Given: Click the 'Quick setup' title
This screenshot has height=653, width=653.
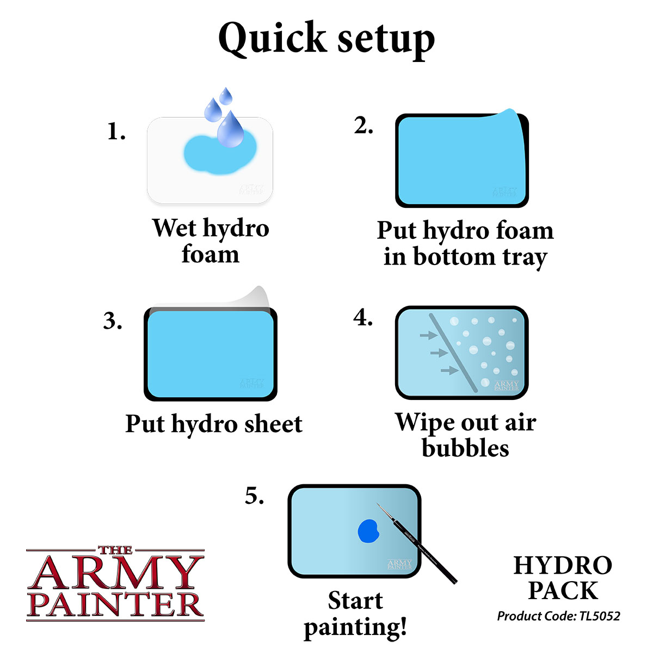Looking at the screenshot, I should click(x=326, y=39).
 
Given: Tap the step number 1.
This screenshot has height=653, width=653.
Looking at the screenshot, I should click(x=116, y=132).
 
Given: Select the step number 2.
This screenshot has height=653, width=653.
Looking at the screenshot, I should click(x=363, y=126).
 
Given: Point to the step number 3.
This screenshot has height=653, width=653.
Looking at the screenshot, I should click(x=112, y=322).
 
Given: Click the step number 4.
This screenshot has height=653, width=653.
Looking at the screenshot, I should click(x=363, y=318).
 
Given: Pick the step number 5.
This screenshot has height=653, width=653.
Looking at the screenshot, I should click(x=254, y=496).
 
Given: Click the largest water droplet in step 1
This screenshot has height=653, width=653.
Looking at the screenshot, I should click(x=230, y=131).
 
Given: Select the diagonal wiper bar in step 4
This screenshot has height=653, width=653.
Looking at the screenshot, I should click(x=453, y=353).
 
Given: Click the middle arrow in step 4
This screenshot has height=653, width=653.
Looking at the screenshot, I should click(x=439, y=353).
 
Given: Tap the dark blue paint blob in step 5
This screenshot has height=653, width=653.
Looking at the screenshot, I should click(x=368, y=531).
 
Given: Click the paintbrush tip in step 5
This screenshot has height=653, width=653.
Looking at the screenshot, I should click(x=379, y=506).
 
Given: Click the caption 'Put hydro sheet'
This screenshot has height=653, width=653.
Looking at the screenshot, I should click(x=214, y=424).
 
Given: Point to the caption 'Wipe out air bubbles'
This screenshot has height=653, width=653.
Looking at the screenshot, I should click(x=465, y=435).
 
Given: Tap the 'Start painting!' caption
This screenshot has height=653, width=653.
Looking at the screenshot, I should click(x=355, y=613).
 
